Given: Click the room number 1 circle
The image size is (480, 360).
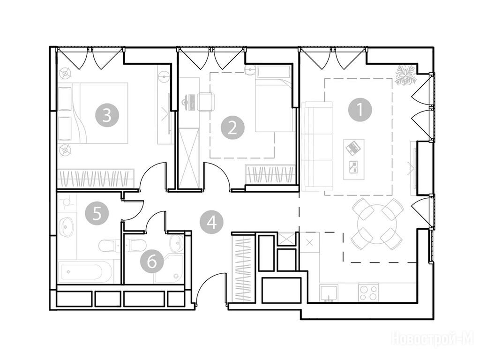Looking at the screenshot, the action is [360, 109].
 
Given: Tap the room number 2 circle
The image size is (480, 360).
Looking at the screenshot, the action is [232, 127].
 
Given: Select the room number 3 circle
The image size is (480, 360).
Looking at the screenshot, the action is [107, 116].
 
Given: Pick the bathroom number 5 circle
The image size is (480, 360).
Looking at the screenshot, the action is [97, 214].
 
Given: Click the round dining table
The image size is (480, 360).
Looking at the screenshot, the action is [377, 224].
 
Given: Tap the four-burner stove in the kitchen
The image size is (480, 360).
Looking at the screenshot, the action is [368, 292].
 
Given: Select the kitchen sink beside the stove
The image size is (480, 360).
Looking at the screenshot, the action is [329, 293].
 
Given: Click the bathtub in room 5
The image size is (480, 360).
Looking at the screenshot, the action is [82, 271].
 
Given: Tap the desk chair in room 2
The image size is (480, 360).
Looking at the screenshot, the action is [207, 102].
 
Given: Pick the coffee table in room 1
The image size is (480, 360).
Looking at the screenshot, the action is [354, 159].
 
